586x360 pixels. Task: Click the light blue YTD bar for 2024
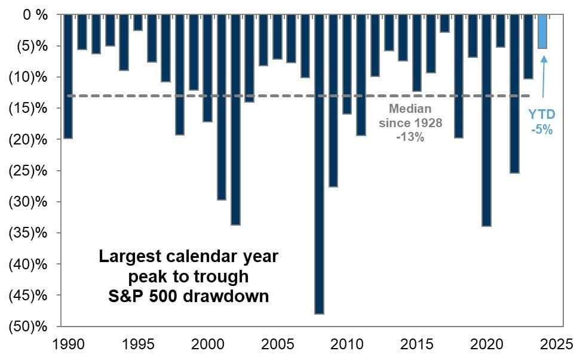tap(542, 32)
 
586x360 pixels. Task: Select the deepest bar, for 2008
tap(319, 164)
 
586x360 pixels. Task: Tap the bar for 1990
tap(68, 76)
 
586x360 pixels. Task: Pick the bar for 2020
tap(487, 120)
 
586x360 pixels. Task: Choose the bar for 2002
tap(235, 120)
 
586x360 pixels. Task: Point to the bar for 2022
tap(515, 94)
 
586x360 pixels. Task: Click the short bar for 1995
tap(138, 23)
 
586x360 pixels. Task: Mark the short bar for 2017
tap(445, 23)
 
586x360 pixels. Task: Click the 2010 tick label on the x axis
tap(347, 344)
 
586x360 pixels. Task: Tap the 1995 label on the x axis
tap(138, 344)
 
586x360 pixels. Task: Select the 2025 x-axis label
tap(557, 344)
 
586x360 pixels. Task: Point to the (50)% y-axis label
tap(28, 327)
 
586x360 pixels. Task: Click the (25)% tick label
tap(28, 171)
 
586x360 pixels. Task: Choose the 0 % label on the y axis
tap(35, 15)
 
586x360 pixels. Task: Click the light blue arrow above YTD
tap(544, 76)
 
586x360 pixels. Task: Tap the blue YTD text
tap(542, 114)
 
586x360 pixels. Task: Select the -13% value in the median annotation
tap(410, 137)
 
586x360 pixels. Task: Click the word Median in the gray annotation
tap(410, 109)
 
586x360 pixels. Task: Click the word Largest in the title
tap(130, 257)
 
